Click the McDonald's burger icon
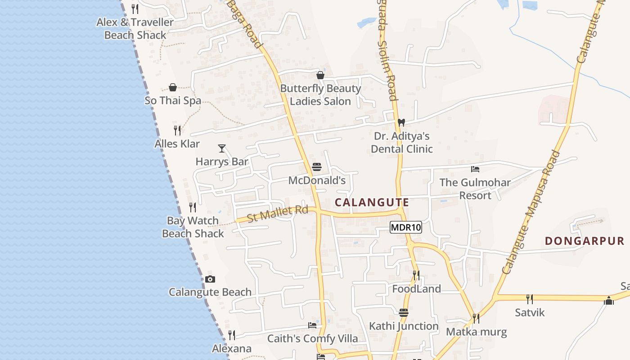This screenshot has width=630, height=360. pos(317,167)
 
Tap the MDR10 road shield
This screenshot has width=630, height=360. pos(405,228)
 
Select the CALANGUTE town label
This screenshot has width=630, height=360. pos(372,202)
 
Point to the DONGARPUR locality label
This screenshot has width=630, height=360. pos(585,241)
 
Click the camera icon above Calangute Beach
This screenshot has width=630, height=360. pos(210,279)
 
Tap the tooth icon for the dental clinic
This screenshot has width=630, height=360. pos(401,122)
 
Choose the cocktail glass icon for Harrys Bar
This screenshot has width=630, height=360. pos(222,148)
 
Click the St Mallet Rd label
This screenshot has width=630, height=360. pos(277,213)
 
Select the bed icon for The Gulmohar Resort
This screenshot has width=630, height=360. pos(475,169)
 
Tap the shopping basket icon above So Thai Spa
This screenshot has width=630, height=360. pos(173,87)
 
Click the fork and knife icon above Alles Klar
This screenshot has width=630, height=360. pos(177,130)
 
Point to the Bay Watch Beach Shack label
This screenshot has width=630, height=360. pos(193,227)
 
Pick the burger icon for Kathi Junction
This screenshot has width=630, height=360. pos(404,313)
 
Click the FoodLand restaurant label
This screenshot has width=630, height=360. pos(416,289)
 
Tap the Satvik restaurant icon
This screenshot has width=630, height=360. pos(530,299)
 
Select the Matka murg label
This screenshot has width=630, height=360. pos(476,332)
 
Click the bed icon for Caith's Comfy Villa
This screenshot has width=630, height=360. pos(312,325)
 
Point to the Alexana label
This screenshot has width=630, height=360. pos(232,349)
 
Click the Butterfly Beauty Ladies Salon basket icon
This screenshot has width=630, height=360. pos(320,75)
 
